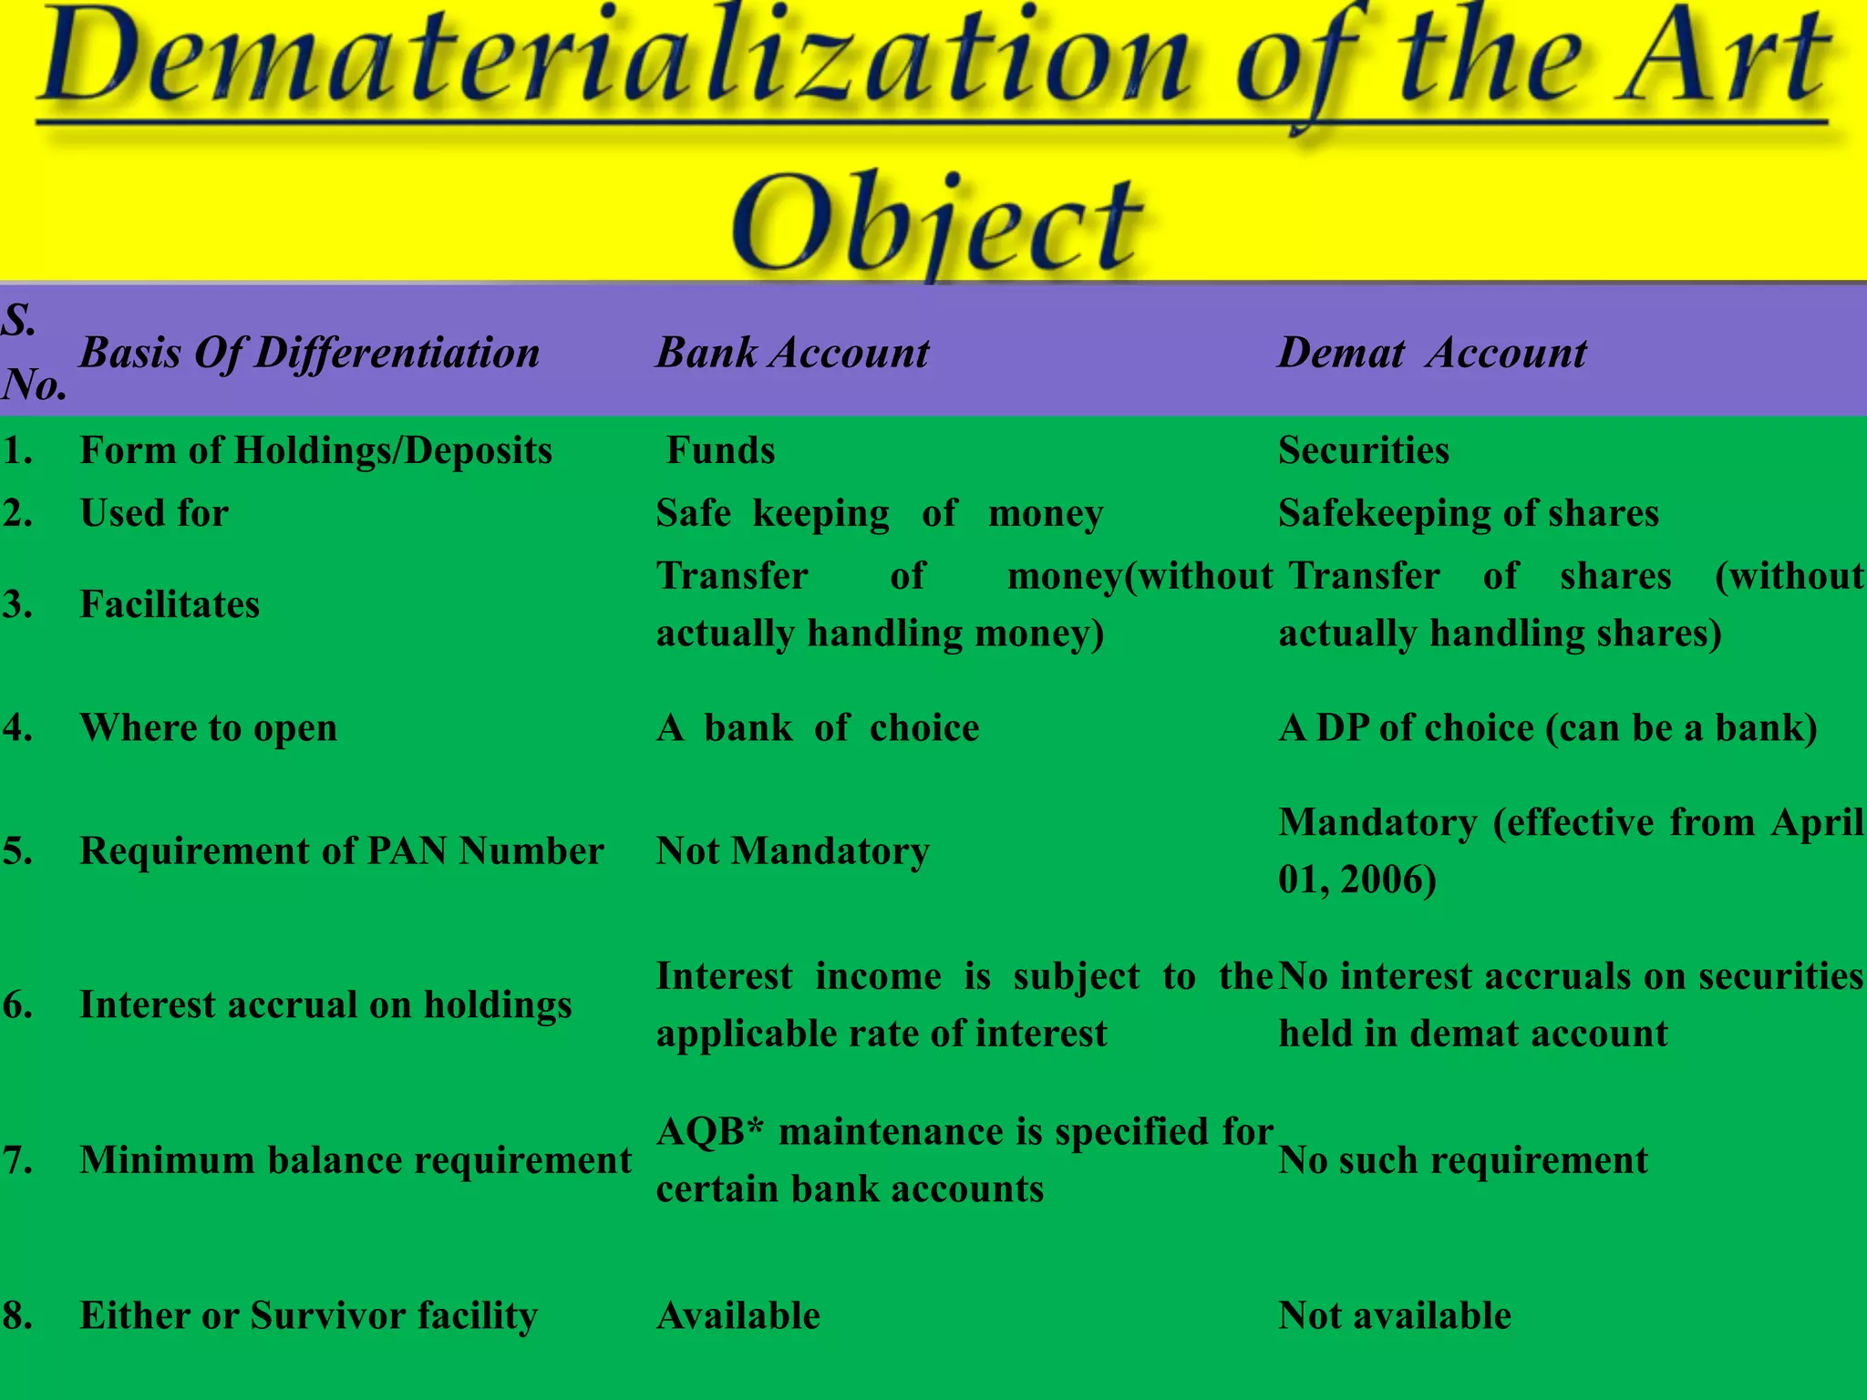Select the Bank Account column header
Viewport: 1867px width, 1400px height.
click(x=792, y=353)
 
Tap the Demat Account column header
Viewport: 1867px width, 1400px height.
click(x=1431, y=353)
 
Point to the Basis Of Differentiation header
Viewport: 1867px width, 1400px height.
click(x=310, y=353)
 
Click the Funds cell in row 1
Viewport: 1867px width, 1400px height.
click(x=720, y=450)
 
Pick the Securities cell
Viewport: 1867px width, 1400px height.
click(x=1364, y=450)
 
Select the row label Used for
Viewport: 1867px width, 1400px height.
click(x=154, y=513)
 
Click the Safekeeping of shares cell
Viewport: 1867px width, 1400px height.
click(x=1469, y=513)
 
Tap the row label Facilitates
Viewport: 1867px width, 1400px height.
click(x=170, y=604)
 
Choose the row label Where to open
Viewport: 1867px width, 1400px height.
click(x=209, y=727)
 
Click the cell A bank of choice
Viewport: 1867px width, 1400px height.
click(x=818, y=727)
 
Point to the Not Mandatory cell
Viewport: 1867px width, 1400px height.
click(x=792, y=850)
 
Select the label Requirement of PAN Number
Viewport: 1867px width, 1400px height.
click(x=342, y=850)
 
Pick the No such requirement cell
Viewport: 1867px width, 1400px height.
click(x=1463, y=1160)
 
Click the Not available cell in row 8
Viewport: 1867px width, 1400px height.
click(x=1395, y=1315)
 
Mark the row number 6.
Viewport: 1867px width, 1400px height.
click(x=17, y=1004)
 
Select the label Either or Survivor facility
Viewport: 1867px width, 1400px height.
click(x=309, y=1315)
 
